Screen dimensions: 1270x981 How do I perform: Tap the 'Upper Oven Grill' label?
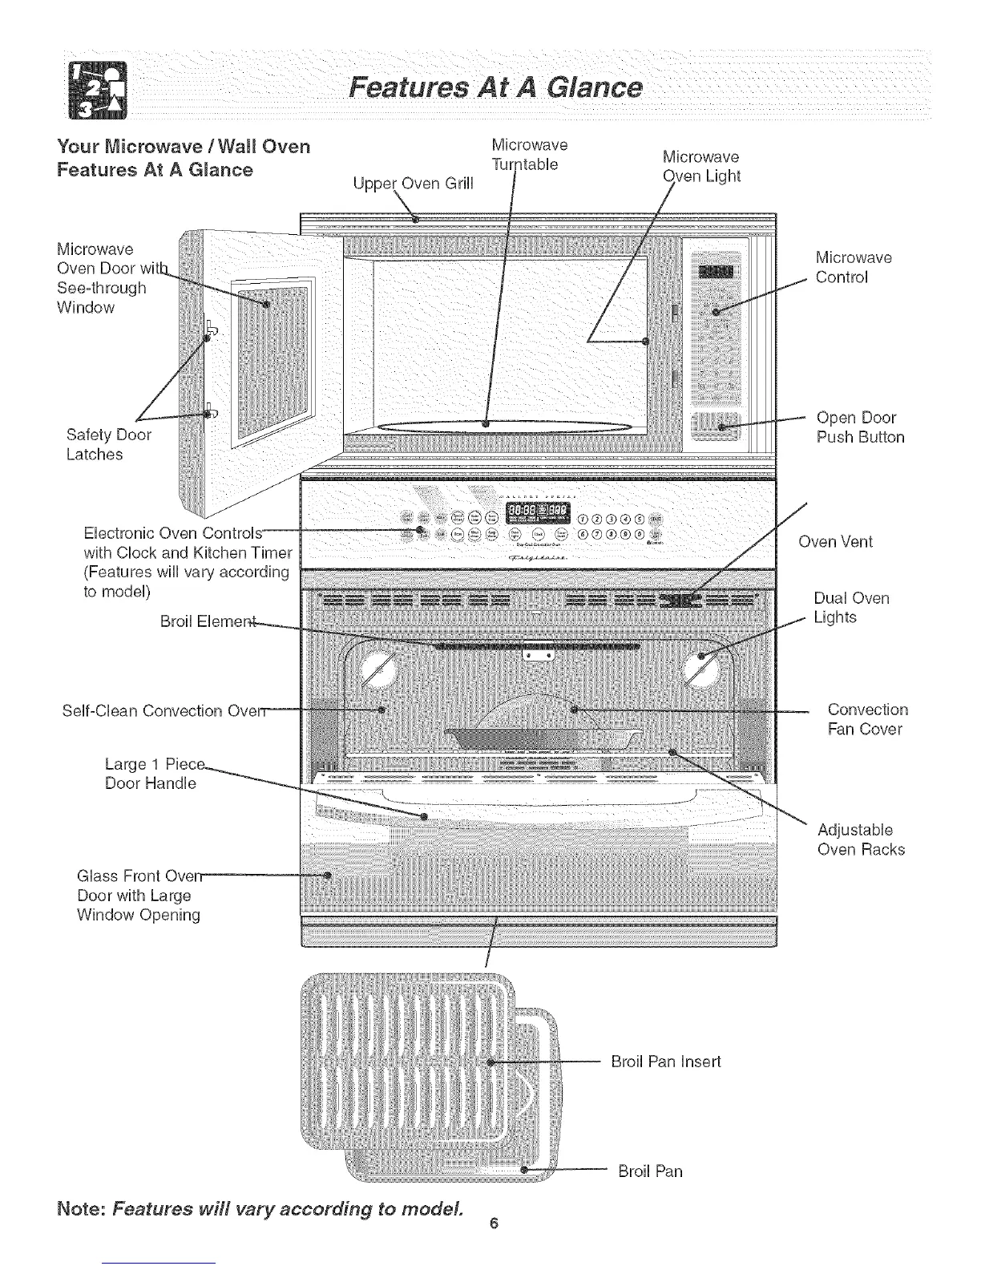point(413,184)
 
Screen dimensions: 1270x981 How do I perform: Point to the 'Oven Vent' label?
point(835,542)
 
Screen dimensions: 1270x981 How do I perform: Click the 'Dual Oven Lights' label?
point(850,608)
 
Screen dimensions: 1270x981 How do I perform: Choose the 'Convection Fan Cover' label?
point(867,719)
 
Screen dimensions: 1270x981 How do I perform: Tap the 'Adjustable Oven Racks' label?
point(860,839)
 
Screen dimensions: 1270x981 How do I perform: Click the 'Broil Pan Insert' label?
point(665,1062)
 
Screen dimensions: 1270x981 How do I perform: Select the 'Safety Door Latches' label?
point(108,444)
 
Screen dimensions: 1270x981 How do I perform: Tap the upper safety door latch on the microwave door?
point(209,331)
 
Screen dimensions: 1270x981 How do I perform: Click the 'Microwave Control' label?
point(853,268)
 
